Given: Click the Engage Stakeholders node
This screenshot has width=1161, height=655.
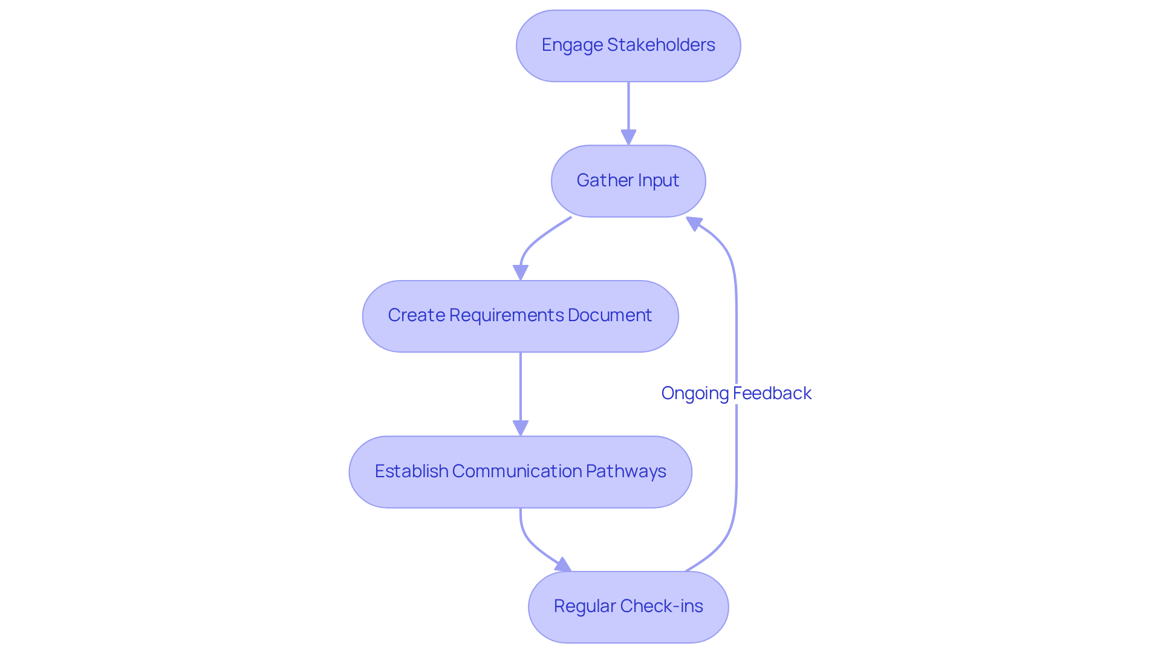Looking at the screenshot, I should (628, 46).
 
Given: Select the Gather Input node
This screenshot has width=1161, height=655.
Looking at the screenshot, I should (628, 181).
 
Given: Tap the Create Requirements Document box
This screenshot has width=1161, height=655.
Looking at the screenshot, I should (520, 316).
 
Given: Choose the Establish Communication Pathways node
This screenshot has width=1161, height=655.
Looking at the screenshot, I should (520, 472).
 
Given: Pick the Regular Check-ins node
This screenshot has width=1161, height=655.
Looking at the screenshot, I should (628, 607).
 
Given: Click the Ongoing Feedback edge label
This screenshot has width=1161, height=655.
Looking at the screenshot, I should (736, 393).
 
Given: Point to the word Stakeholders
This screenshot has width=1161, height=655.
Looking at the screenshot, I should (661, 45).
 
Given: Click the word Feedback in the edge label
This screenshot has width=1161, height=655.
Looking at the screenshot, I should (772, 393).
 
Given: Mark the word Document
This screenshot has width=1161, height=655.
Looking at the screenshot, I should (610, 315).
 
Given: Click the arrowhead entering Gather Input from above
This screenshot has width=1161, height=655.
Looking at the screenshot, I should (628, 137).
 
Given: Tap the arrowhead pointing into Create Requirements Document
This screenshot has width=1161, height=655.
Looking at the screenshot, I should (520, 273).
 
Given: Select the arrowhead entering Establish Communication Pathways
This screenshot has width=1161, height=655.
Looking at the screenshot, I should (520, 428).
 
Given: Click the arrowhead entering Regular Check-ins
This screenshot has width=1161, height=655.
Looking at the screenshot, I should (564, 565).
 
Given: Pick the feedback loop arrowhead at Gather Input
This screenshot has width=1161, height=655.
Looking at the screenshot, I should (694, 223).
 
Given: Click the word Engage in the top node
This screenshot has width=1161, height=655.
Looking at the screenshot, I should (572, 45).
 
